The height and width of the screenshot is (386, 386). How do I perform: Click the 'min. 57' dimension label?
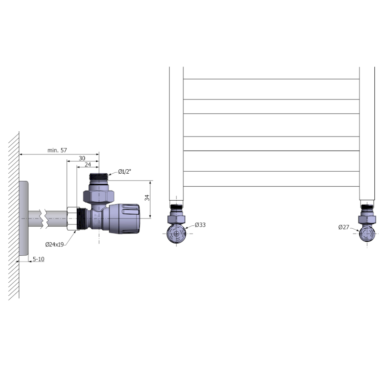click(x=57, y=150)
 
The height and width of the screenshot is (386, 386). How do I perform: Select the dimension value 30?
click(x=82, y=158)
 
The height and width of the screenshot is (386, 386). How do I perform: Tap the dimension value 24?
click(x=88, y=165)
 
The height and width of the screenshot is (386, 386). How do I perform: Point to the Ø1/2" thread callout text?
click(x=124, y=172)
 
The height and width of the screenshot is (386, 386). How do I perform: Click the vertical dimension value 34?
click(x=147, y=198)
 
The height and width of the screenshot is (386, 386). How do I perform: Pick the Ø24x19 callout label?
click(x=55, y=245)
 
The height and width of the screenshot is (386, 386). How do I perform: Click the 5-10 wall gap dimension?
click(x=39, y=259)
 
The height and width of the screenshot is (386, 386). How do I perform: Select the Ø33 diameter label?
click(x=200, y=225)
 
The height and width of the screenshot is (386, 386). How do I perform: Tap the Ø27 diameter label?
click(x=344, y=227)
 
